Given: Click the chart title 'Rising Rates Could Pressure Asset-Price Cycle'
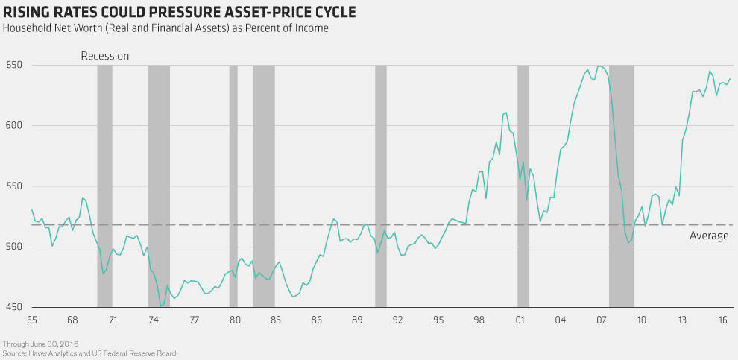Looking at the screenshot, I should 180,13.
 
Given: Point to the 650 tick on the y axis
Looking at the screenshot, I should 13,65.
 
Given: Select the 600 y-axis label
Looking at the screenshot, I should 13,125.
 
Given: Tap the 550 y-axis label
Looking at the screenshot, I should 13,186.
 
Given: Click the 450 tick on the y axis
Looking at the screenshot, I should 13,307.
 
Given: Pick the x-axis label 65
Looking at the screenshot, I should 31,320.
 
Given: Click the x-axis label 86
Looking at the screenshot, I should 317,320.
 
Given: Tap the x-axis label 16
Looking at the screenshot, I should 723,320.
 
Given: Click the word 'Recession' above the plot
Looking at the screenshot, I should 104,56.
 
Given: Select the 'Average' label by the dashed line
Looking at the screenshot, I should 709,236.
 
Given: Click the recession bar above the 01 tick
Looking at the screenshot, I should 523,186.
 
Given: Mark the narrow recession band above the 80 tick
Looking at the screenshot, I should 233,186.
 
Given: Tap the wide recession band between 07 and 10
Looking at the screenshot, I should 622,186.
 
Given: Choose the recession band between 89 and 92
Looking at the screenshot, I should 380,186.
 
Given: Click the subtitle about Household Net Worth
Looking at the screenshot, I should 166,28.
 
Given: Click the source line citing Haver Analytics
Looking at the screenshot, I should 89,353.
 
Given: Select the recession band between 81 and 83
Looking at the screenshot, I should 264,186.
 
